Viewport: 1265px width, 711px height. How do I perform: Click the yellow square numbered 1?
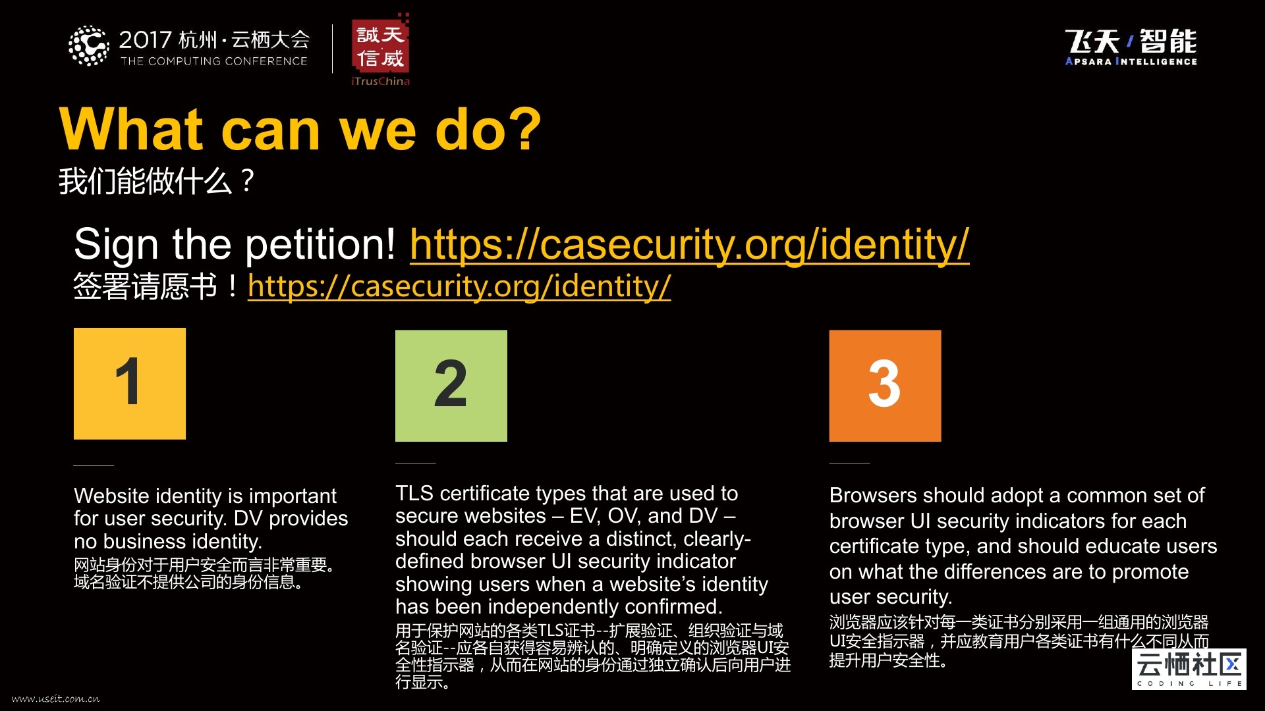pyautogui.click(x=130, y=384)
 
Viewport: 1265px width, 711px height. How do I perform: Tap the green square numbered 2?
pyautogui.click(x=451, y=386)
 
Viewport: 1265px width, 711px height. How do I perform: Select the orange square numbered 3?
pyautogui.click(x=885, y=386)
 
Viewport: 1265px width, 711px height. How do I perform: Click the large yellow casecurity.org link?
pyautogui.click(x=689, y=244)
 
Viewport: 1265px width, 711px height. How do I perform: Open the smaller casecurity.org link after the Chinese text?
pyautogui.click(x=459, y=286)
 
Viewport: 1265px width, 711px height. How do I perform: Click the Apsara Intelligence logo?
pyautogui.click(x=1131, y=47)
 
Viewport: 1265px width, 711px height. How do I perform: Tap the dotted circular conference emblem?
pyautogui.click(x=89, y=46)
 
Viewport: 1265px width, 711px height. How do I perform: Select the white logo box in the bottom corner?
pyautogui.click(x=1189, y=669)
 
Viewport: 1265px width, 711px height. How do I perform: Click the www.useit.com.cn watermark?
pyautogui.click(x=56, y=698)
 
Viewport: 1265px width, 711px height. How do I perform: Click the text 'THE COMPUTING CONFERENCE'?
pyautogui.click(x=214, y=61)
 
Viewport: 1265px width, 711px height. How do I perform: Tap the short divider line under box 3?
pyautogui.click(x=849, y=463)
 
